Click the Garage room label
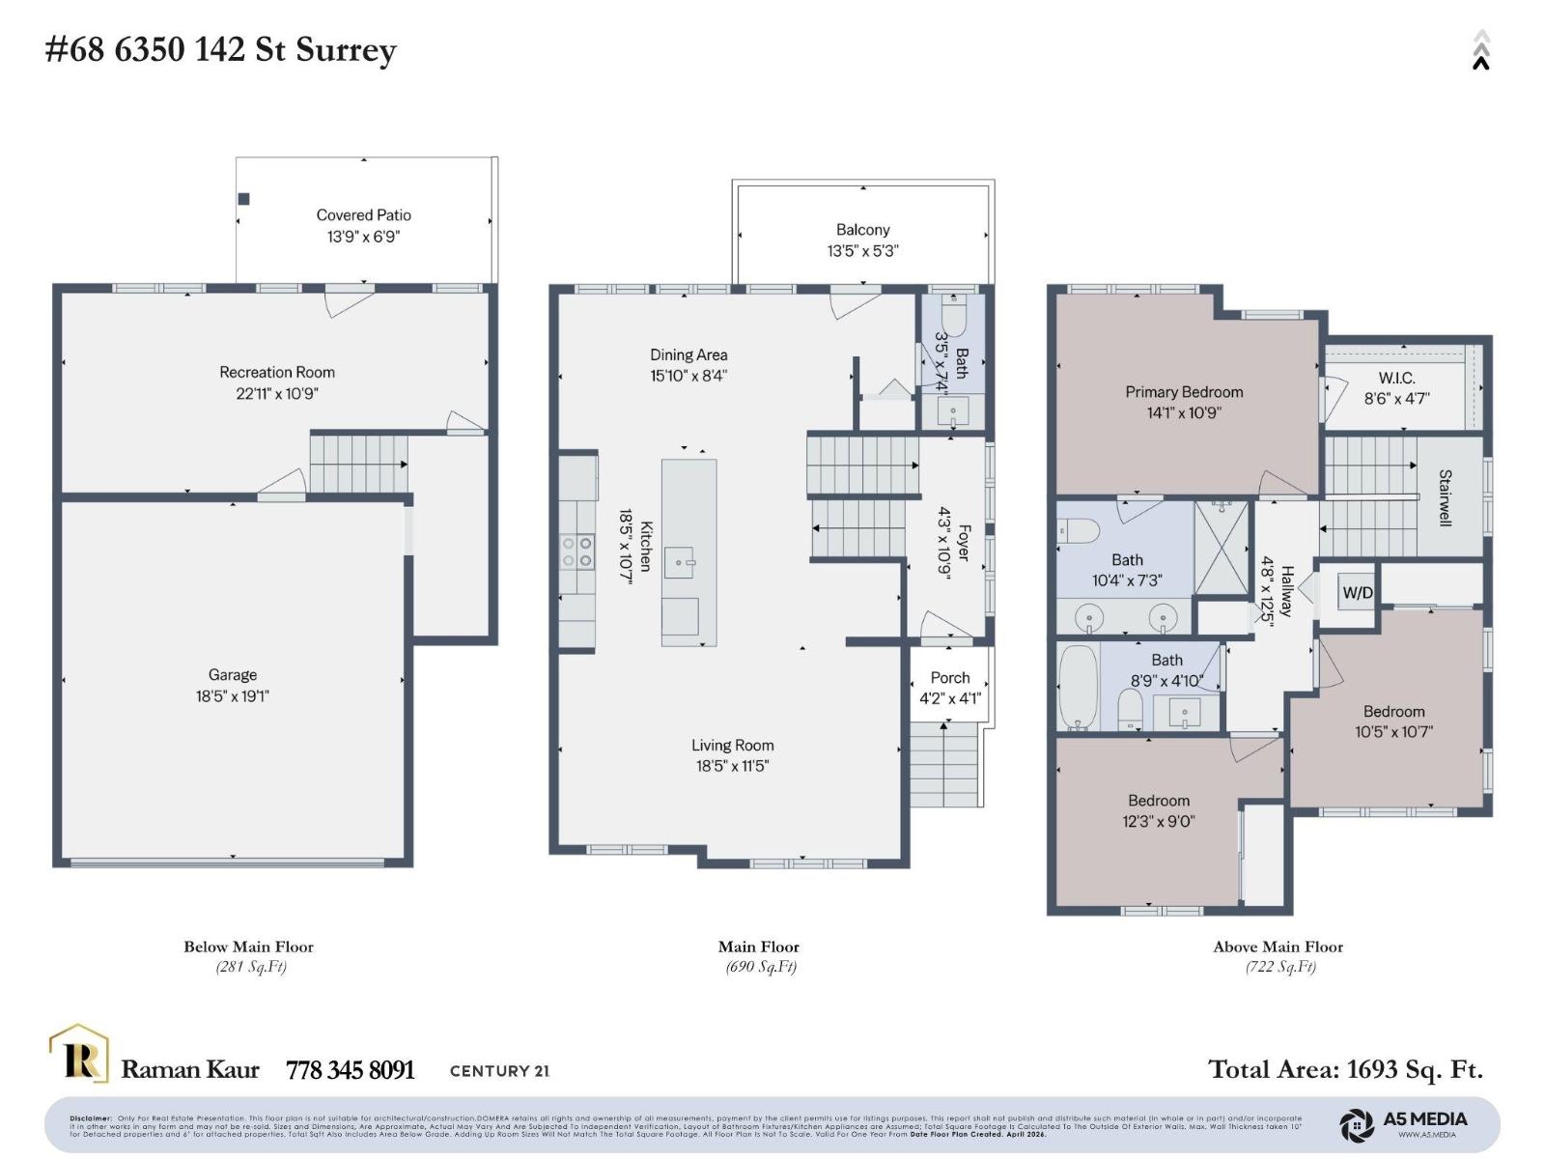tap(232, 675)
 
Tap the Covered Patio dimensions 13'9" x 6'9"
tap(363, 237)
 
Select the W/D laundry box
tap(1358, 592)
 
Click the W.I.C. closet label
tap(1396, 378)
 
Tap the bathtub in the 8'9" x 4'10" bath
tap(1079, 687)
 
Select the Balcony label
tap(862, 230)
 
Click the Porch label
tap(950, 678)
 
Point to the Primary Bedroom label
tap(1184, 392)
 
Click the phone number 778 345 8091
tap(350, 1070)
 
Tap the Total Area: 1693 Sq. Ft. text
tap(1345, 1069)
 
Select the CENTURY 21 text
tap(499, 1070)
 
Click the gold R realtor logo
tap(79, 1055)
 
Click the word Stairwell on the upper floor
tap(1446, 497)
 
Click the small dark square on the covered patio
tap(244, 199)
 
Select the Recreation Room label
tap(277, 372)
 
